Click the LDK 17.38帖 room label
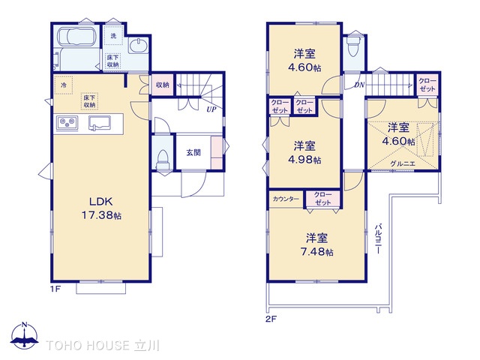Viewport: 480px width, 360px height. tap(101, 208)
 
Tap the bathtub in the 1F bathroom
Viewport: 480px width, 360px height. tap(76, 37)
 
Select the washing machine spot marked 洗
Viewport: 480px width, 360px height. tap(113, 36)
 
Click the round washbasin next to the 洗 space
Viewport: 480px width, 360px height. tap(138, 46)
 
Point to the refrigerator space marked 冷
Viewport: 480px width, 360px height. tap(63, 85)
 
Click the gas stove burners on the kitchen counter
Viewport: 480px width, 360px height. tap(67, 123)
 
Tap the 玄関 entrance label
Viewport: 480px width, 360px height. tap(193, 152)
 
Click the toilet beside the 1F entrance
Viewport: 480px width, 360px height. tap(163, 159)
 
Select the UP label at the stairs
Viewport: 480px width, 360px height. tap(211, 109)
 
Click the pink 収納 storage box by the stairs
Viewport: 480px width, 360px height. tap(163, 85)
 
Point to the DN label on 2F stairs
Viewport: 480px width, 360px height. tap(359, 85)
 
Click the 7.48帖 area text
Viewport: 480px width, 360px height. tap(316, 252)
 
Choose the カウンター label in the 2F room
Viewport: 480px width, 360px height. tap(286, 199)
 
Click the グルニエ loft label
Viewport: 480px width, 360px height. tap(403, 163)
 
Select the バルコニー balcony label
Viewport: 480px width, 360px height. tap(378, 238)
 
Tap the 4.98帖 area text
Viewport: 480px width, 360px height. tap(304, 160)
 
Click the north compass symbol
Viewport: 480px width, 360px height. tap(25, 335)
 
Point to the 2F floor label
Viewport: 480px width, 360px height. tap(271, 319)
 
